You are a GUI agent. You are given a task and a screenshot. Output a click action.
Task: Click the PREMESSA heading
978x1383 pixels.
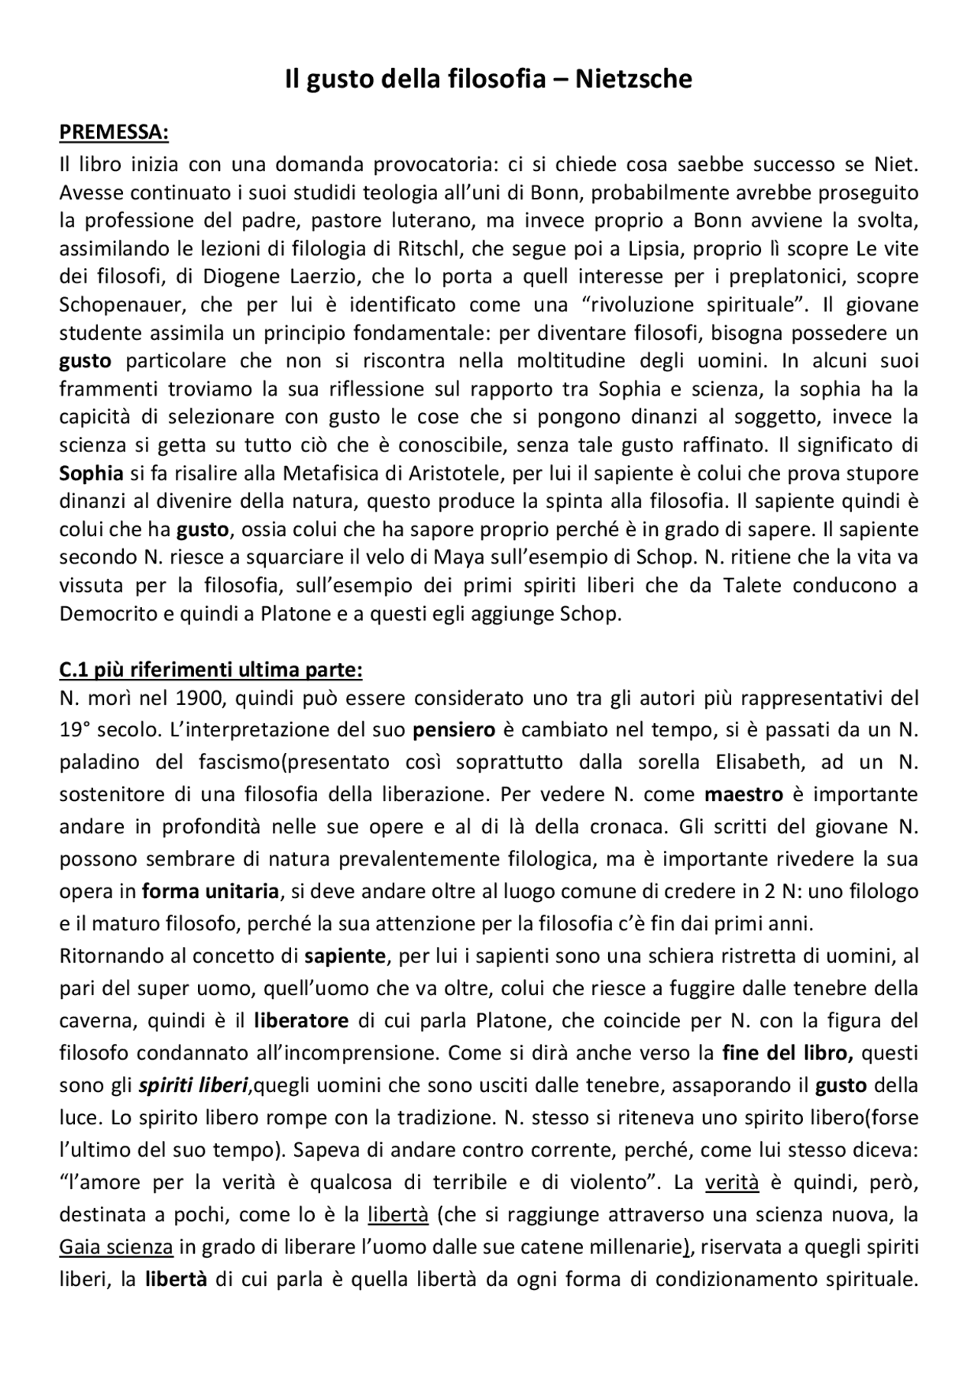pos(114,132)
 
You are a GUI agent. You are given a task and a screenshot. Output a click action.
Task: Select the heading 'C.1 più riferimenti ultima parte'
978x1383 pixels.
pos(211,670)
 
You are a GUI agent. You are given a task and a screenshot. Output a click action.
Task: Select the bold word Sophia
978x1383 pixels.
pos(92,473)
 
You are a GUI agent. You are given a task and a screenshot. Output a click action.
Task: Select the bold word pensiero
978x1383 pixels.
pos(454,729)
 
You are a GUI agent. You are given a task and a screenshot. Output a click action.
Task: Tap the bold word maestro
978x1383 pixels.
pos(743,794)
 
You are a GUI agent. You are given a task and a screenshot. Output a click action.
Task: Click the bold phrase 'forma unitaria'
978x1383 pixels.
pos(211,891)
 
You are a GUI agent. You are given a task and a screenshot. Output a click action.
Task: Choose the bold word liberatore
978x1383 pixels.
pos(302,1020)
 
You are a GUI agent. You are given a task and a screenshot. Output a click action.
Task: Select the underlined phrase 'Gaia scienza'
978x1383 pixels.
pos(117,1247)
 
